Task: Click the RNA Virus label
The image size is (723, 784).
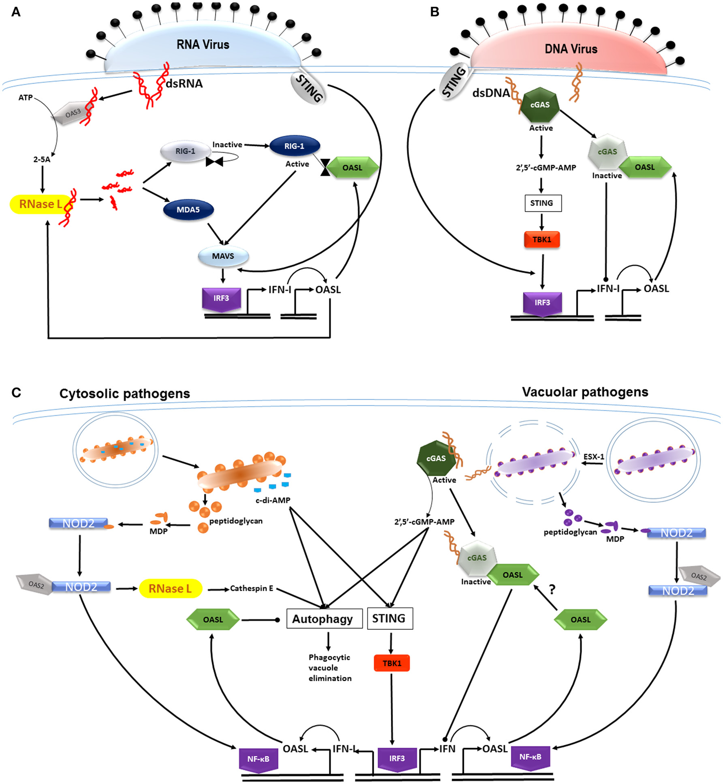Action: pos(203,44)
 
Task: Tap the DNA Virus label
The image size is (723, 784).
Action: pos(571,49)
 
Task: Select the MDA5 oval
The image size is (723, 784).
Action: pos(188,210)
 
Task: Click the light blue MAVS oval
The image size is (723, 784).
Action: pos(223,256)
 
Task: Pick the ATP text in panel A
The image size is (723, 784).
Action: pos(25,97)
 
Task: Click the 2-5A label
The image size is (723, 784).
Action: pos(42,159)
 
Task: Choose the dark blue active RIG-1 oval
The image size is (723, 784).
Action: pos(294,146)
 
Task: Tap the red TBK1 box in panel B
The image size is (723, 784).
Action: pos(541,239)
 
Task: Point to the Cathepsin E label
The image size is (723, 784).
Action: pos(251,588)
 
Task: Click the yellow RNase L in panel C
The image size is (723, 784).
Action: pos(171,589)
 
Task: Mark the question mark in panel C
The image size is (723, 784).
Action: pos(552,589)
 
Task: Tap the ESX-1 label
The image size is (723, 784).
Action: pos(594,456)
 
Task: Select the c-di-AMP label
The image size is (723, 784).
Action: pos(273,500)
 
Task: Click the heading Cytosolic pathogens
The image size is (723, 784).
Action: pos(124,394)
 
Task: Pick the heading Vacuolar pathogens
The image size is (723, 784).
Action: pos(585,392)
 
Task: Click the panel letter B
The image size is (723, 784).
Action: pos(435,12)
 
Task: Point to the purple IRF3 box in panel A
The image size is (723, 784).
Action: pos(221,299)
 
